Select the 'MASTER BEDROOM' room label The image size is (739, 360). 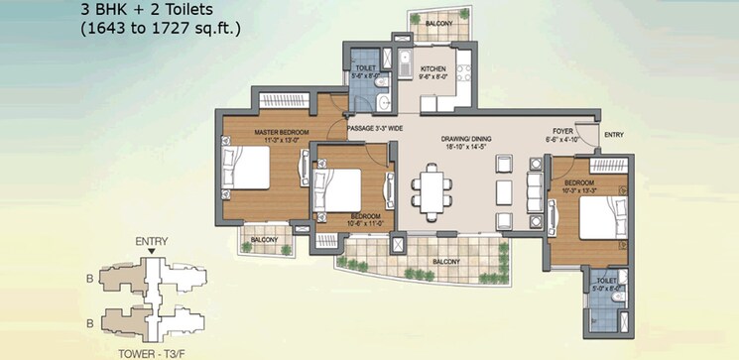click(x=281, y=133)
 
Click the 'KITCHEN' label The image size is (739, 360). click(x=433, y=69)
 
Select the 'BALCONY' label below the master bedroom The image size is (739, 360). click(x=263, y=238)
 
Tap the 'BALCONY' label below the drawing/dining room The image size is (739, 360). click(x=445, y=262)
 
